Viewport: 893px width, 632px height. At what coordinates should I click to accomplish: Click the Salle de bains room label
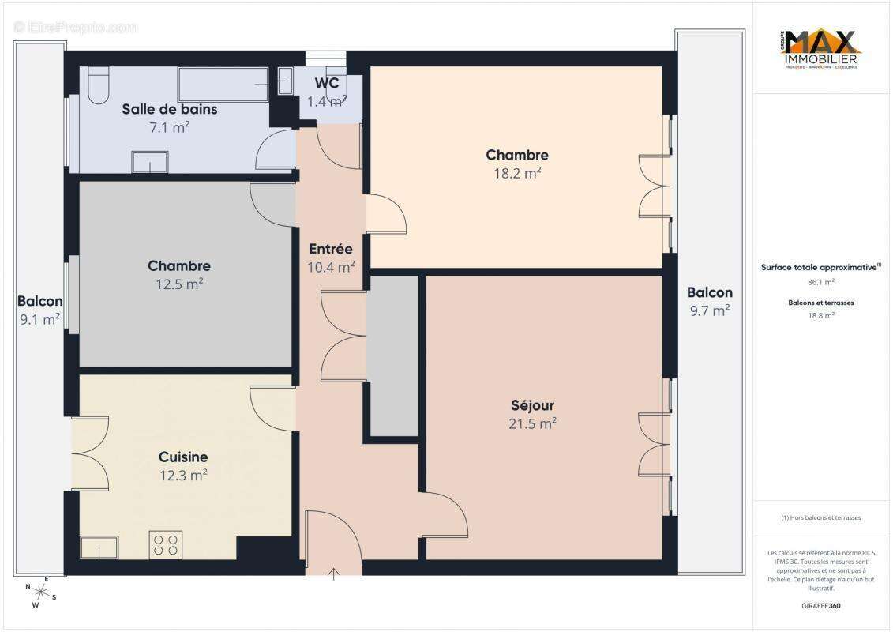[169, 109]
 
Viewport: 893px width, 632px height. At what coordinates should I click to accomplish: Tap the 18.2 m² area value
[517, 173]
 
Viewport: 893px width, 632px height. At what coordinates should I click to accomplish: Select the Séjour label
[532, 405]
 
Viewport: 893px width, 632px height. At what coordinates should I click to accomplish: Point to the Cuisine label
[183, 457]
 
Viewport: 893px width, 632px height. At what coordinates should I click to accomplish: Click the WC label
[327, 84]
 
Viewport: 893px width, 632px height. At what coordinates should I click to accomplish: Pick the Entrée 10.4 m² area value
[331, 267]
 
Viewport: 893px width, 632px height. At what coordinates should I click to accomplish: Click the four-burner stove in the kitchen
[166, 544]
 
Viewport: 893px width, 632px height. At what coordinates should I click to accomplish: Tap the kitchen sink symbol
[99, 547]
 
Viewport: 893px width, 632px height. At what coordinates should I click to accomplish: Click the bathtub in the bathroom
[223, 84]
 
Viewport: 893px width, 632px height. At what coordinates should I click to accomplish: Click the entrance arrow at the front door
[333, 573]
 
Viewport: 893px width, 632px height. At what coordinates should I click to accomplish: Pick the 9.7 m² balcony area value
[709, 310]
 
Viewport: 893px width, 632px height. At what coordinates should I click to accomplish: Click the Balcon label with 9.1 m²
[40, 301]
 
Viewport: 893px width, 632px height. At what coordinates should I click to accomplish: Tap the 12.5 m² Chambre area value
[179, 284]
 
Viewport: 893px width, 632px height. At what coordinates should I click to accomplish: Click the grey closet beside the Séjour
[394, 355]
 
